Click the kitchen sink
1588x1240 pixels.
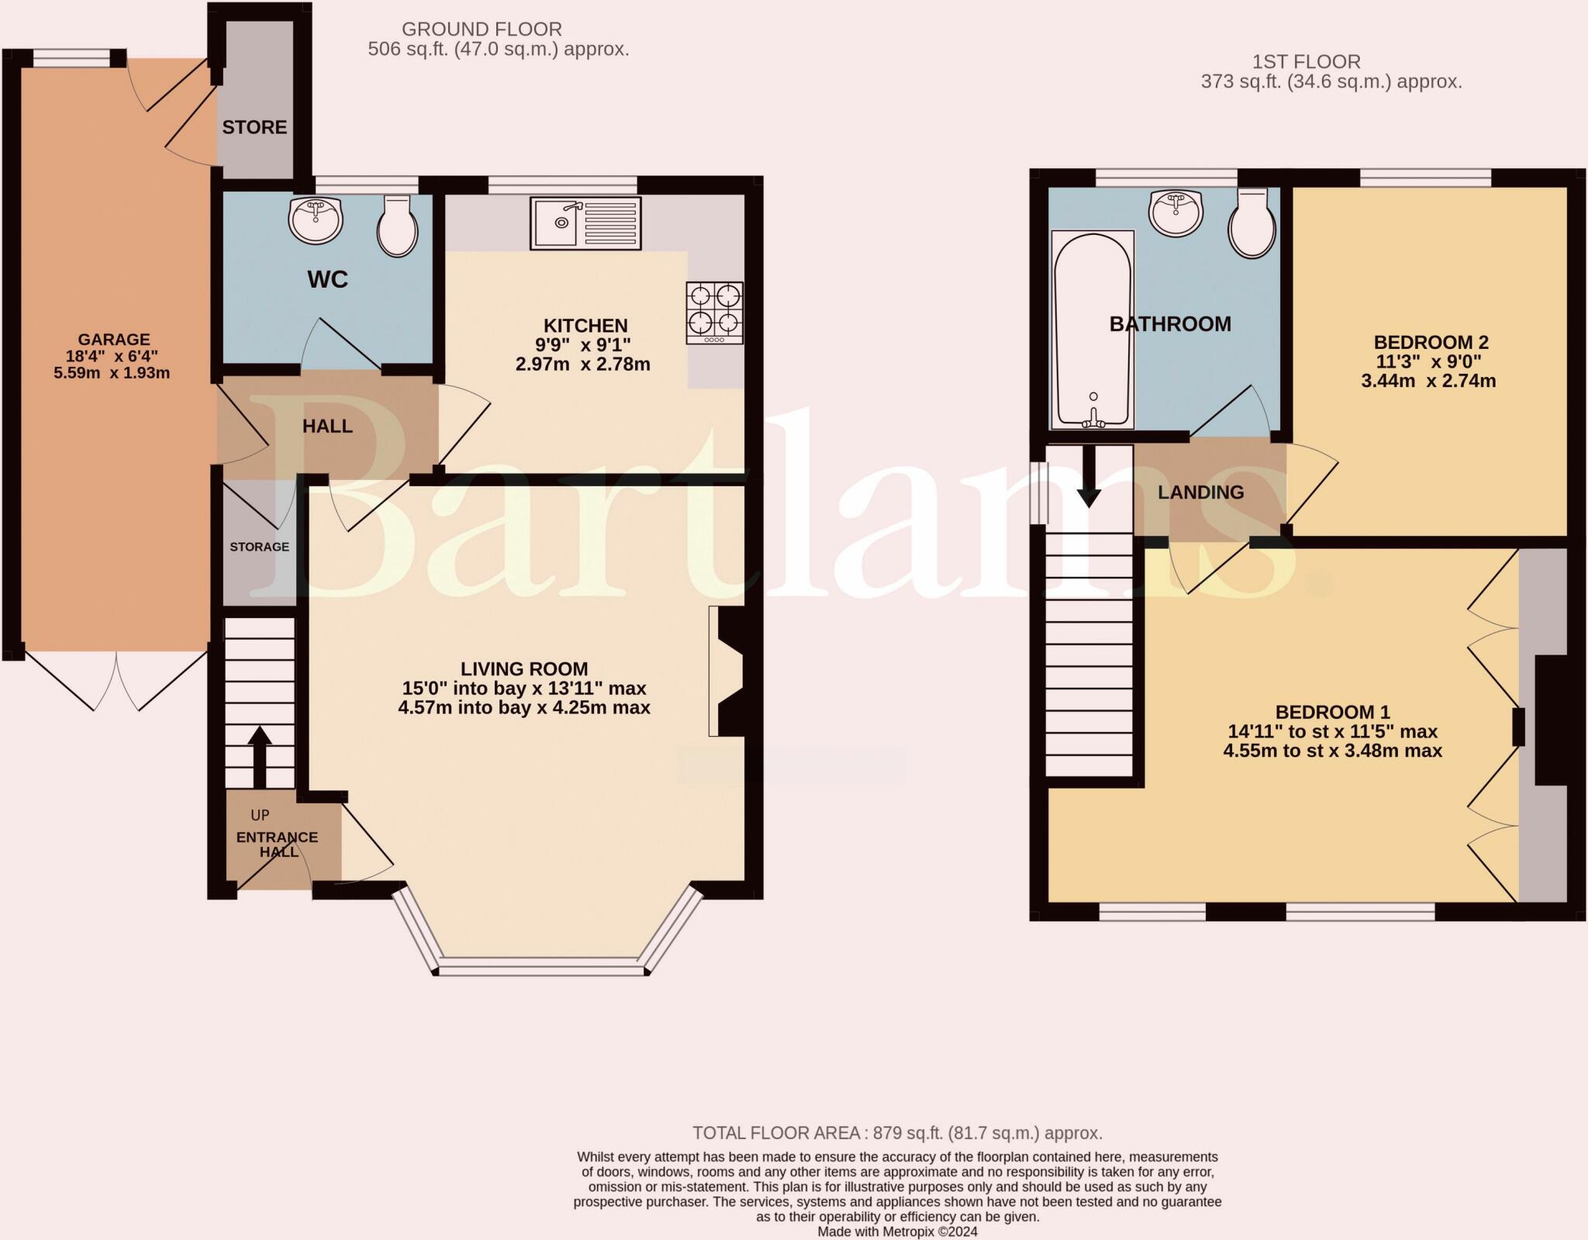pos(585,223)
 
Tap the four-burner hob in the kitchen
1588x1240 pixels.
pos(714,313)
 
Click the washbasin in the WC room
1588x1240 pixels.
pos(316,219)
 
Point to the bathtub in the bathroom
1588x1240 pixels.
pos(1093,330)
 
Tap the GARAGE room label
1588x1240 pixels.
pos(113,340)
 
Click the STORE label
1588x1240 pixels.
pos(254,127)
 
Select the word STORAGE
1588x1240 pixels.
pos(259,547)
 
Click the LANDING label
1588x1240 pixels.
pos(1200,492)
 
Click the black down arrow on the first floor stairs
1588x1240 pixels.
pos(1089,476)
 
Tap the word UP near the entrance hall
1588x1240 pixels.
pos(260,815)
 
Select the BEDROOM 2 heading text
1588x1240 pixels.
pos(1431,342)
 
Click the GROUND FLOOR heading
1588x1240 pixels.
pos(482,29)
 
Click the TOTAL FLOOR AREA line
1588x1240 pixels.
pos(897,1133)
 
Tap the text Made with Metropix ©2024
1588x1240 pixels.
pos(897,1231)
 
